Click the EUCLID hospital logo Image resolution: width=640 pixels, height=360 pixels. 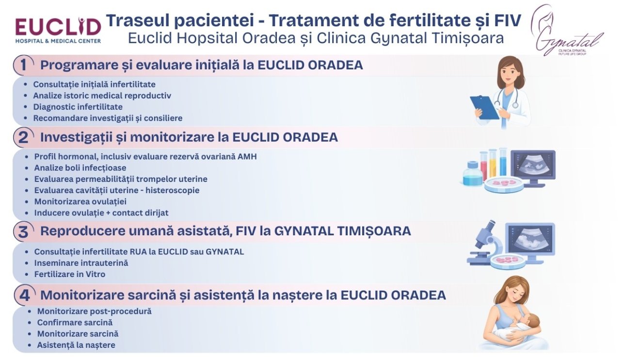[x=58, y=31]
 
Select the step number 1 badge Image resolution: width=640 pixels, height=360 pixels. [x=23, y=65]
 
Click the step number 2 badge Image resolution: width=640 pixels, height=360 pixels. [x=23, y=137]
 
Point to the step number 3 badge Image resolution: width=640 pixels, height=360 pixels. [x=23, y=231]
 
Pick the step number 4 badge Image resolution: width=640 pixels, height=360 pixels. [x=24, y=295]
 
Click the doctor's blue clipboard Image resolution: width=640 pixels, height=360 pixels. [x=484, y=107]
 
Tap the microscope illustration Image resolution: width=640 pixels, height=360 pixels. [x=485, y=243]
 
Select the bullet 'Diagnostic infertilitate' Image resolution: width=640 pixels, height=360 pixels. [x=78, y=107]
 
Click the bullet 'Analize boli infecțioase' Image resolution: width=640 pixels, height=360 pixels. [x=80, y=168]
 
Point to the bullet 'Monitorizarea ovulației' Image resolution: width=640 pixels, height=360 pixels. [x=80, y=201]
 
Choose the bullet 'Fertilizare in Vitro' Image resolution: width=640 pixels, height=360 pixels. [x=70, y=274]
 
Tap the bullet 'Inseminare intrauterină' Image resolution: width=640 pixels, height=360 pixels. [x=81, y=263]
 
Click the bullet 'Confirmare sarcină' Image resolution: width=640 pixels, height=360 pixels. [x=75, y=323]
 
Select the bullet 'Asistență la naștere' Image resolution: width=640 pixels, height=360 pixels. [x=76, y=345]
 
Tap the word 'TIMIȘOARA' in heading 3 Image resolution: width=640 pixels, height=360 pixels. [x=374, y=231]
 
